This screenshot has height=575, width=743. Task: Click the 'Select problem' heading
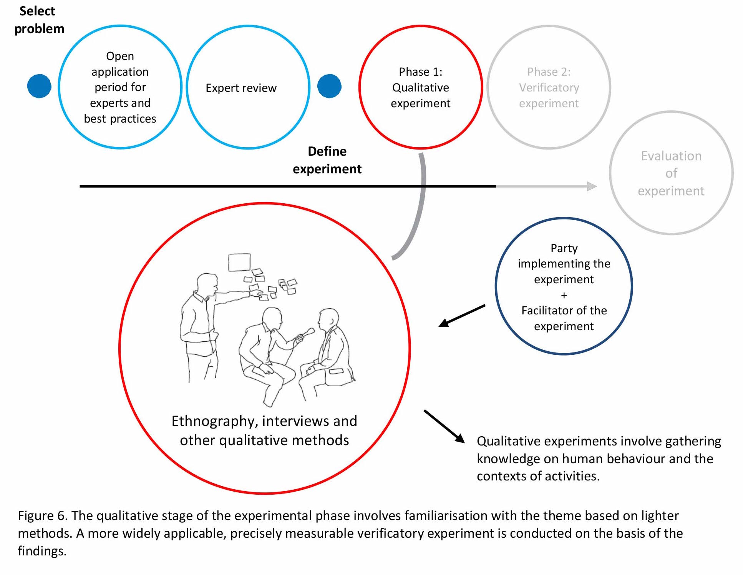pyautogui.click(x=39, y=20)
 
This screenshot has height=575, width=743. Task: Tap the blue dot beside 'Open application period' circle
pyautogui.click(x=39, y=86)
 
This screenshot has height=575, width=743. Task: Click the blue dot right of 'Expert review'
pyautogui.click(x=329, y=86)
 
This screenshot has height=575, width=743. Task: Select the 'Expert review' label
pyautogui.click(x=241, y=88)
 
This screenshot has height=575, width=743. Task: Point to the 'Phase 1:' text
pyautogui.click(x=420, y=72)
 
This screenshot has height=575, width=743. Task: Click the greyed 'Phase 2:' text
pyautogui.click(x=549, y=72)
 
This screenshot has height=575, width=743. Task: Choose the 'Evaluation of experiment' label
pyautogui.click(x=671, y=173)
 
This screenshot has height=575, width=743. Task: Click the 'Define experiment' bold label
pyautogui.click(x=327, y=160)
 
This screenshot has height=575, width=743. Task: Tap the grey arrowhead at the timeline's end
pyautogui.click(x=592, y=186)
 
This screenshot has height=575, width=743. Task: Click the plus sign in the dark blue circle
pyautogui.click(x=564, y=296)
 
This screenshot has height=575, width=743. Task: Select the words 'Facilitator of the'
pyautogui.click(x=564, y=311)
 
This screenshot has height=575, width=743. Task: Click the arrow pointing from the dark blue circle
pyautogui.click(x=462, y=316)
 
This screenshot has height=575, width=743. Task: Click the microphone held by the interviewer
pyautogui.click(x=307, y=332)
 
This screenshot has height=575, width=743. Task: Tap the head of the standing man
pyautogui.click(x=207, y=283)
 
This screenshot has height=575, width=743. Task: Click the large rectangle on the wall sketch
pyautogui.click(x=239, y=262)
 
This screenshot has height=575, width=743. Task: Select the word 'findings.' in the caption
pyautogui.click(x=42, y=551)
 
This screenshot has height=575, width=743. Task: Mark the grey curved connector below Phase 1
pyautogui.click(x=420, y=208)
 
